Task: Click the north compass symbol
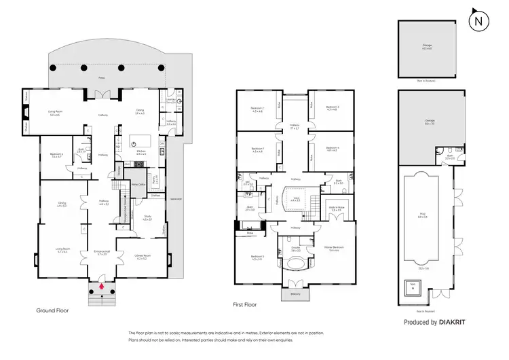coord(479,19)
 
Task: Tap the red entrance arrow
coord(102,287)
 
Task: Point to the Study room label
coord(148,218)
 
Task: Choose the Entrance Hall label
coord(101,253)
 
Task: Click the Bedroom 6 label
coord(57,156)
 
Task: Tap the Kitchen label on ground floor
coord(141,154)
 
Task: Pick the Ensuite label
coord(296,249)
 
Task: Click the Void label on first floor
coord(295,199)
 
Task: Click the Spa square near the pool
coord(411,289)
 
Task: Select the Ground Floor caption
coord(52,310)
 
